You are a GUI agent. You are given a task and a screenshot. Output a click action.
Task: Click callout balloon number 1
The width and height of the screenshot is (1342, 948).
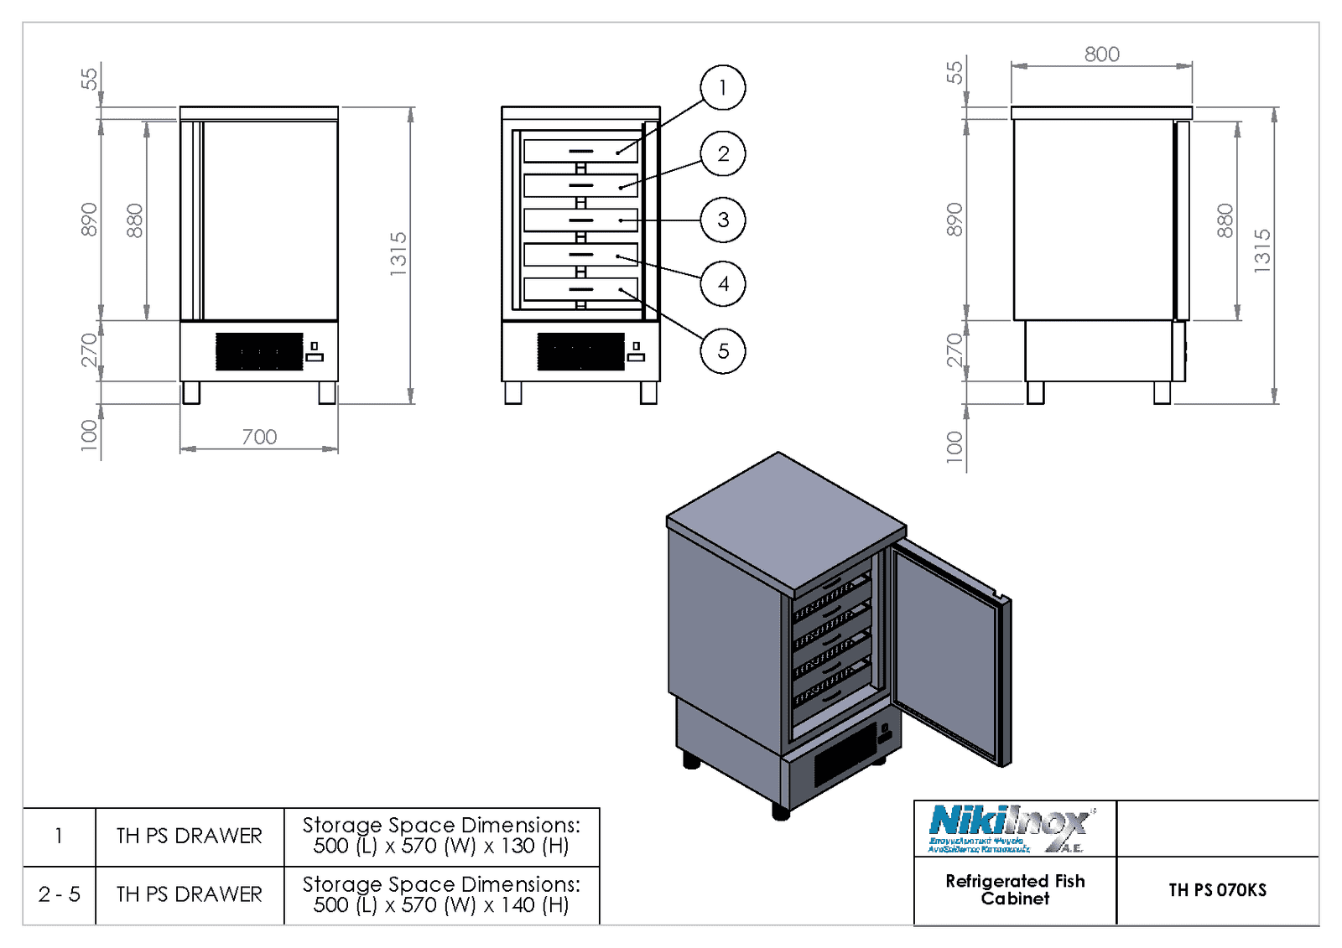tap(722, 87)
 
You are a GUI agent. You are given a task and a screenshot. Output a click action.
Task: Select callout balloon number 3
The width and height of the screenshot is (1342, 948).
tap(722, 220)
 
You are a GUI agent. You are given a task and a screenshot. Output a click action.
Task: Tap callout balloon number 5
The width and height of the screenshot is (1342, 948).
tap(722, 350)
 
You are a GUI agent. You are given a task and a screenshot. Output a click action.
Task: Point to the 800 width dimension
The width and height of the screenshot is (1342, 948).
tap(1101, 54)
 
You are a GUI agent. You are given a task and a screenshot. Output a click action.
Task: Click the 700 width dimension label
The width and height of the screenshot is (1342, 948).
tap(259, 437)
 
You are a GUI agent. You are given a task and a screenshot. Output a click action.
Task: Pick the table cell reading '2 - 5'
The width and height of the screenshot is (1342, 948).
tap(60, 894)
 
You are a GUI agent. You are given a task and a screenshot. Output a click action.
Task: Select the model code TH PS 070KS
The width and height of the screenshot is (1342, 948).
tap(1217, 890)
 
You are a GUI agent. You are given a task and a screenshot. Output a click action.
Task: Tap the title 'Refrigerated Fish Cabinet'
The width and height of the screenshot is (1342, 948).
tap(1015, 889)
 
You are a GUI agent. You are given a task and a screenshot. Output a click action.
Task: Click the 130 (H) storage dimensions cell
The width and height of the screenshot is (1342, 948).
tap(441, 836)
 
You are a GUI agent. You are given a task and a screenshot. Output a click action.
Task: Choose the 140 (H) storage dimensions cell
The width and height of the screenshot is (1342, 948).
tap(441, 894)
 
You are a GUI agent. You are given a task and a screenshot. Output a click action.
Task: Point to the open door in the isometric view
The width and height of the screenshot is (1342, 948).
tap(948, 654)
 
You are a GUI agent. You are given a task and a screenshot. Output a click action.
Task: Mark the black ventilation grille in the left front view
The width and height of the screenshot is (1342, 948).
tap(259, 351)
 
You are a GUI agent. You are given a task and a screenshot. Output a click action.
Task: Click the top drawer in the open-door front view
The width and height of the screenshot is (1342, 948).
tap(580, 151)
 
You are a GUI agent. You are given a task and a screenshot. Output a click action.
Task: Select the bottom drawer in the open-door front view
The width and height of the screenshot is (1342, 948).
tap(580, 289)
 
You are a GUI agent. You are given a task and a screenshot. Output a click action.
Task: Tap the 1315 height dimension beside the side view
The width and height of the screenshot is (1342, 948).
tap(1262, 250)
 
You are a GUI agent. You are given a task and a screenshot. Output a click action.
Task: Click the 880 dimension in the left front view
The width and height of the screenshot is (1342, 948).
tap(134, 220)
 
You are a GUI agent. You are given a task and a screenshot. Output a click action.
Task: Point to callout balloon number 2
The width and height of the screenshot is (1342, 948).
tap(722, 153)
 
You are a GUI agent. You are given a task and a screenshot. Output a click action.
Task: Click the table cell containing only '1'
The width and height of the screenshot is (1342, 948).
tap(59, 836)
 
